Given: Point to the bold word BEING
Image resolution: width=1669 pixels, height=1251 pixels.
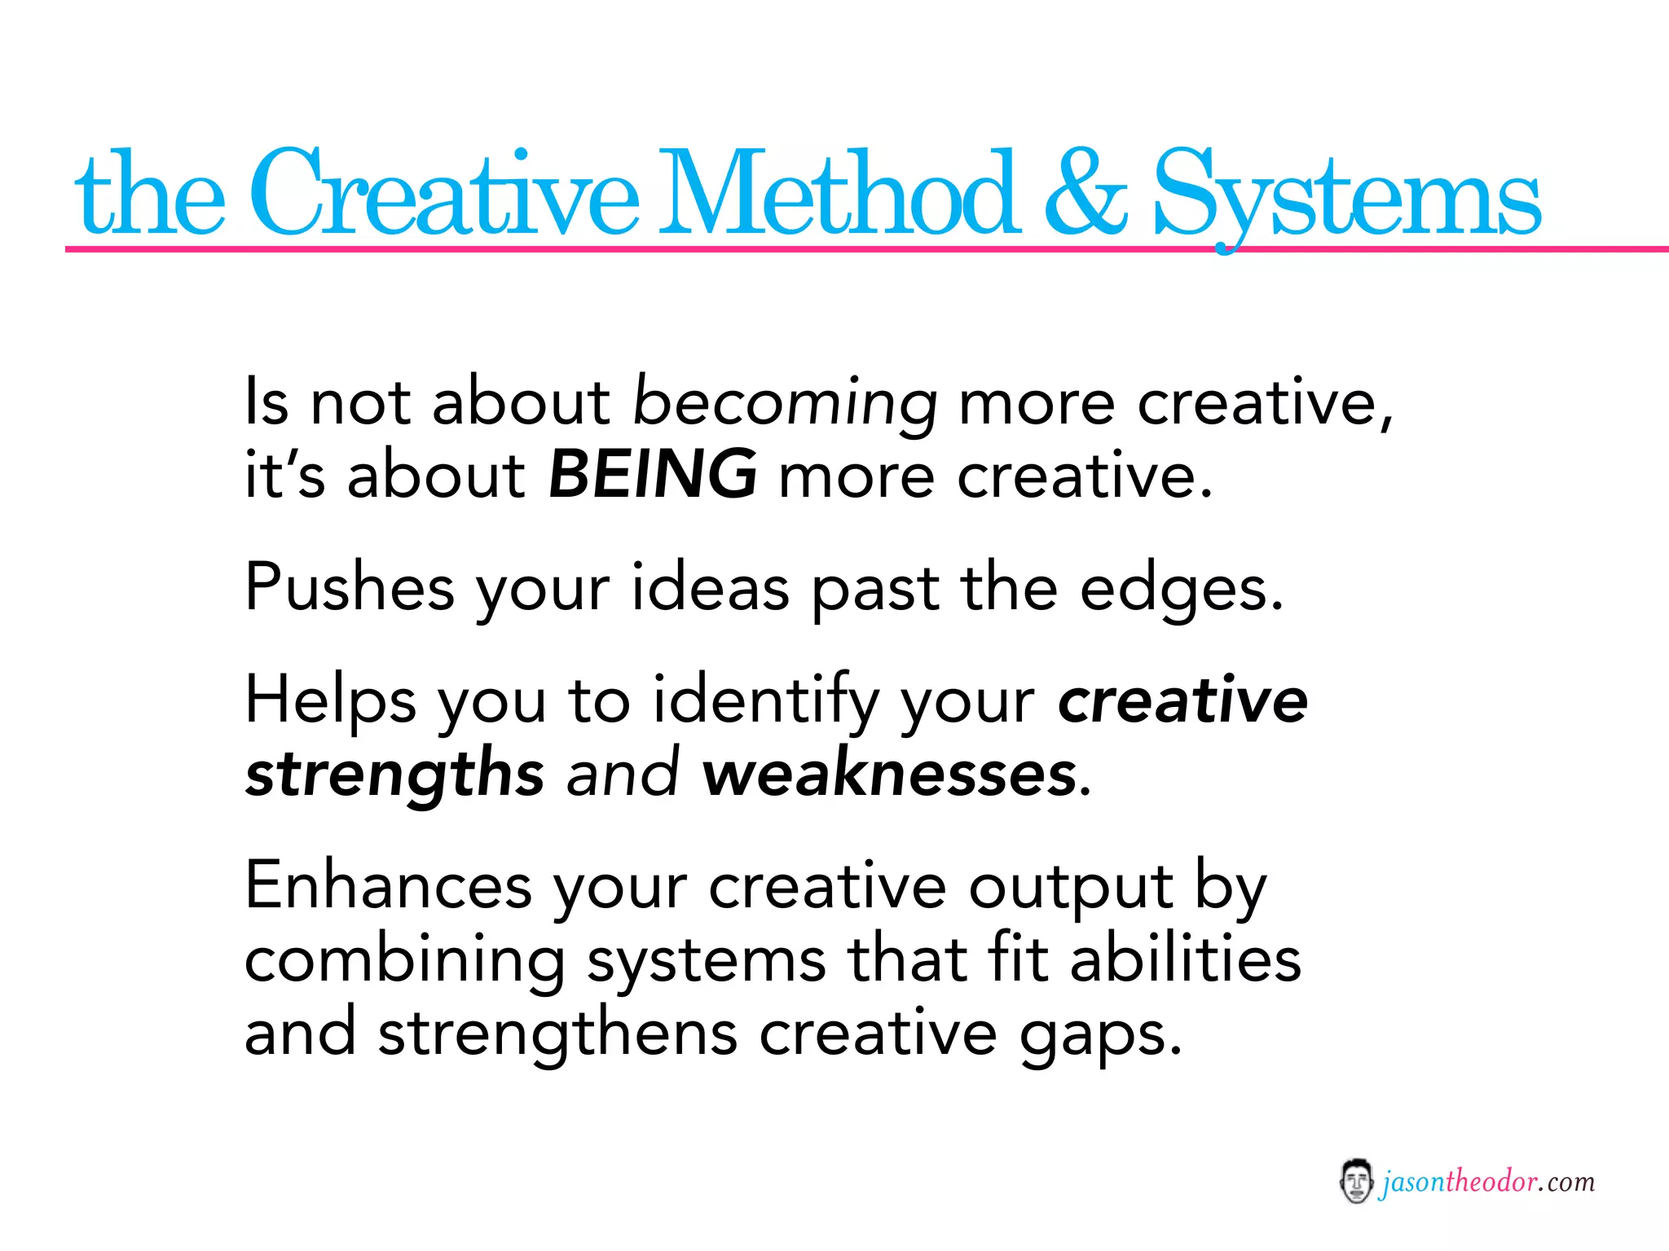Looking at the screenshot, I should pos(652,474).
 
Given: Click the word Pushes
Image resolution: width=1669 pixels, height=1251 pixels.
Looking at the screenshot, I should pos(349,586).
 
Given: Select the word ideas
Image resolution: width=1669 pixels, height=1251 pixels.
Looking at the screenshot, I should pos(710,586).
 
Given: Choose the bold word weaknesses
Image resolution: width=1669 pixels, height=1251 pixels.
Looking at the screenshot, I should pos(889,774).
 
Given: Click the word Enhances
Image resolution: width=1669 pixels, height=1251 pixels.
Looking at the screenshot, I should pos(388,885).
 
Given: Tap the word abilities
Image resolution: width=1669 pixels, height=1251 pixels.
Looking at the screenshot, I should pos(1185,959).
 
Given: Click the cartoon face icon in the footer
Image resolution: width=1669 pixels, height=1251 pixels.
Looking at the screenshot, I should pos(1356,1182).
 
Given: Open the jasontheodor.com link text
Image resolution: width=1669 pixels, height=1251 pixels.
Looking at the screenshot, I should pos(1486,1182).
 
